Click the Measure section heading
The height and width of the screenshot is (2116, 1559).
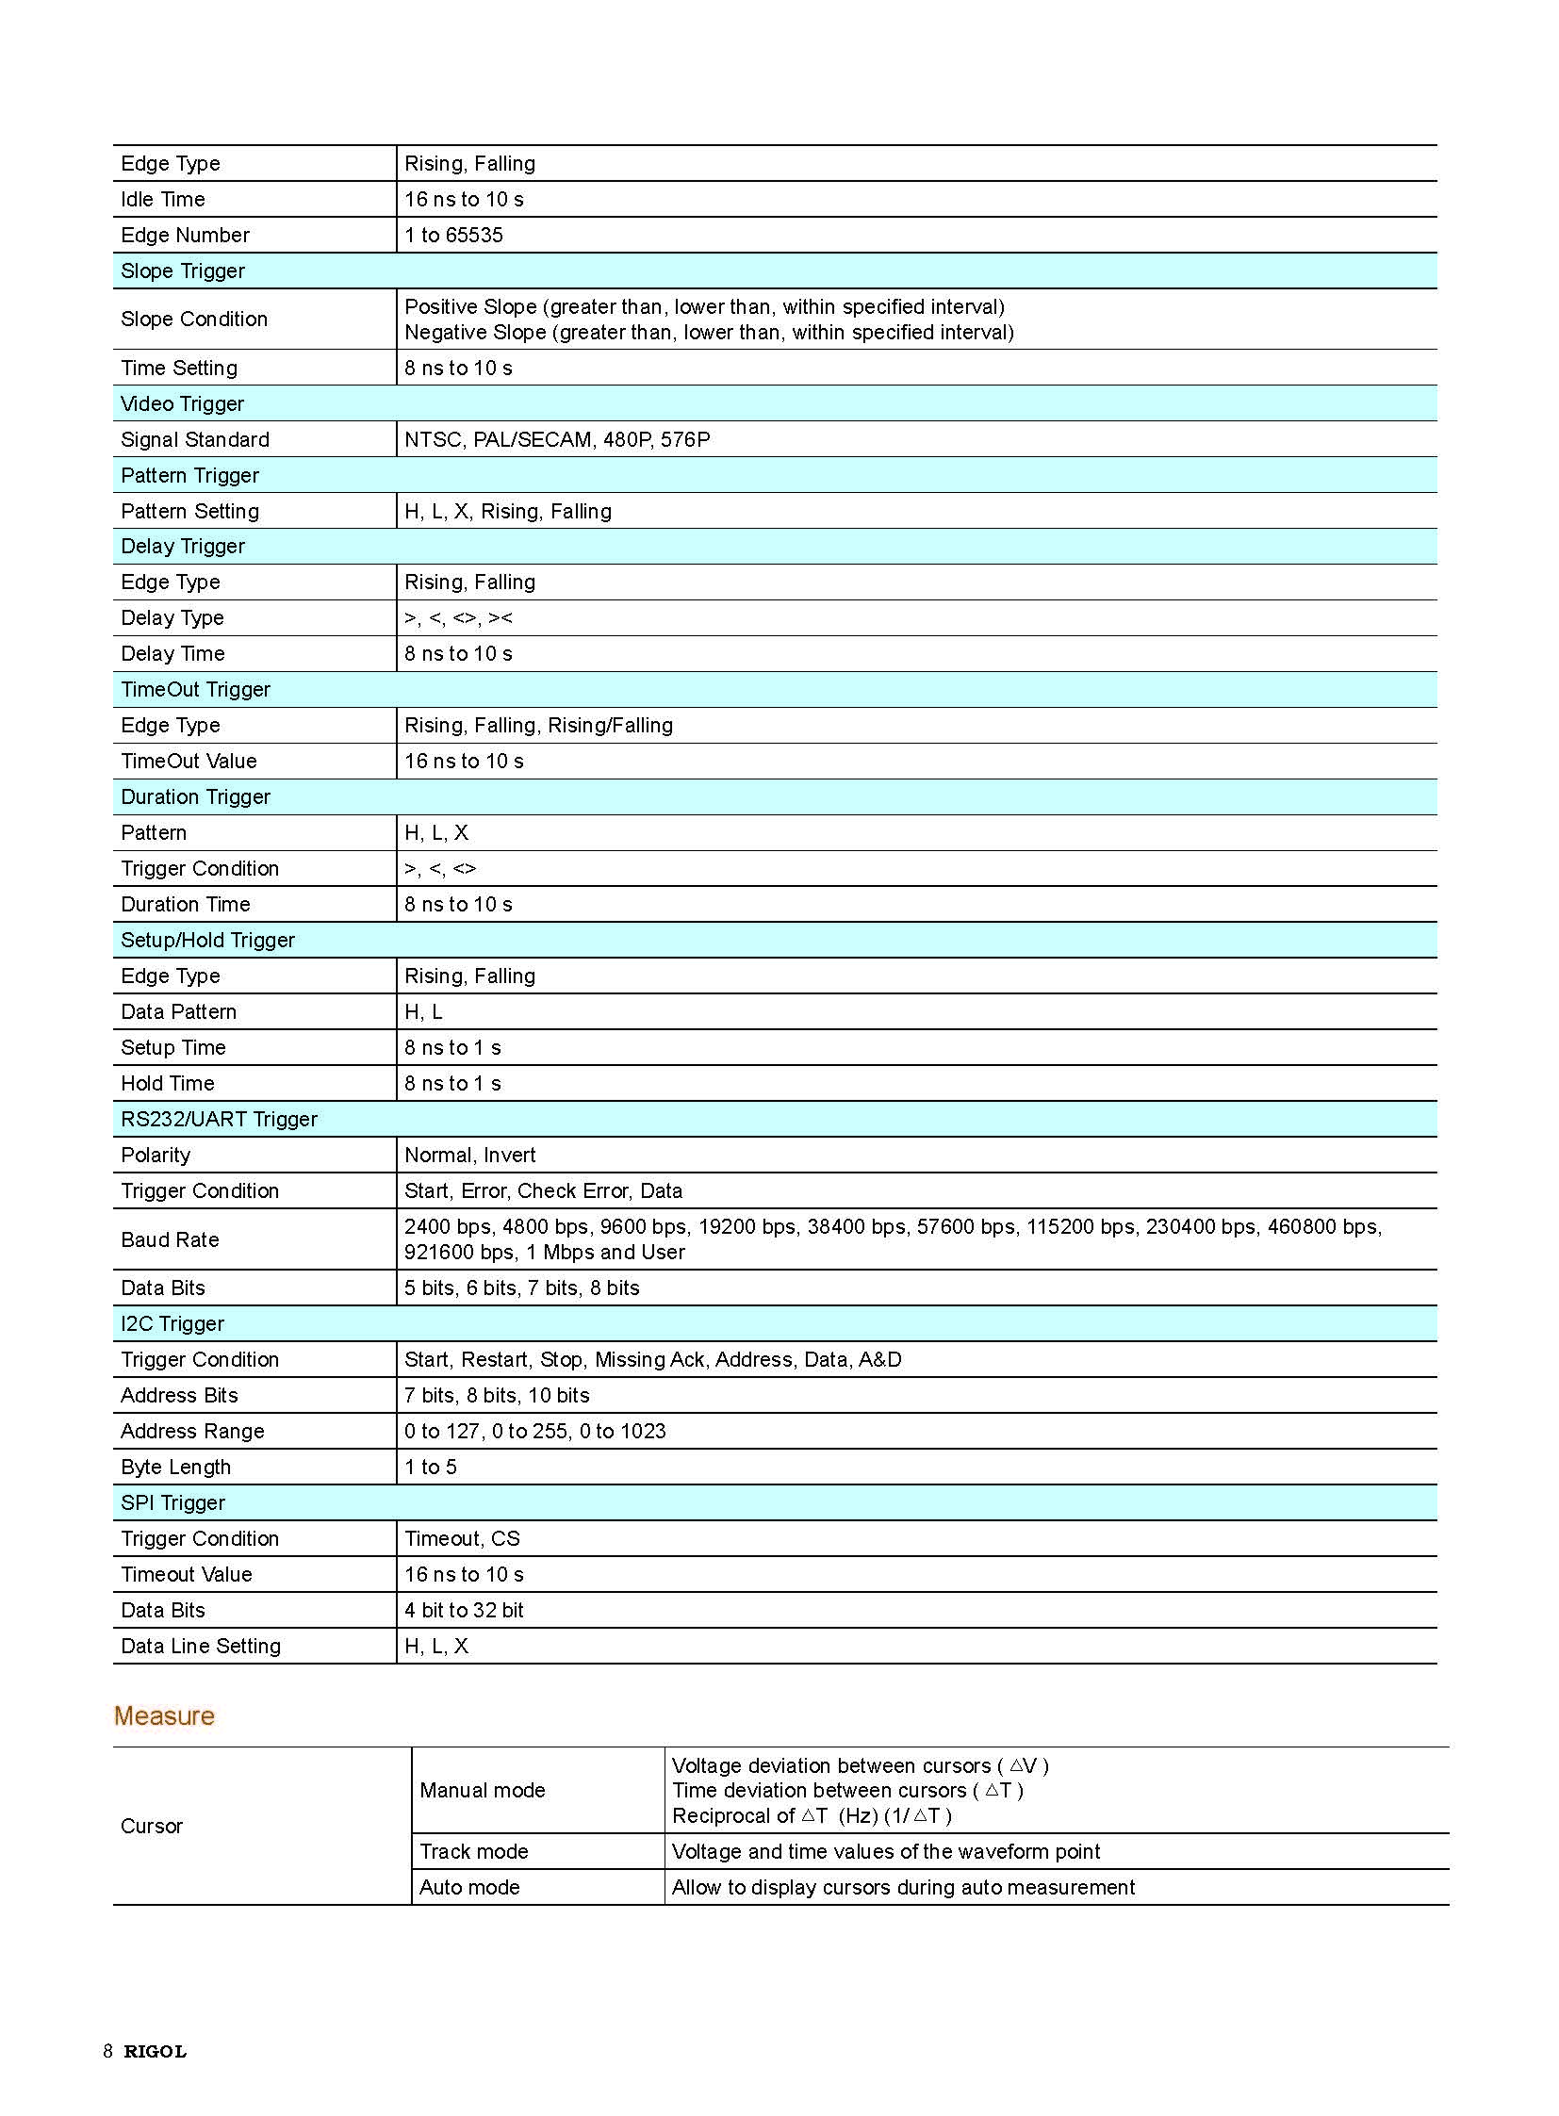164,1715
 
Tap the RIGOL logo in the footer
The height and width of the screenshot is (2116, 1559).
156,2051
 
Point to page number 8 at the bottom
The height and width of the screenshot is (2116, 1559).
108,2051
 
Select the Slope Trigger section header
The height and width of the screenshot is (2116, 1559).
183,271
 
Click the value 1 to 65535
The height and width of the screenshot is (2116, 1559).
454,235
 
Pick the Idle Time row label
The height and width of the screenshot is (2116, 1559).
163,199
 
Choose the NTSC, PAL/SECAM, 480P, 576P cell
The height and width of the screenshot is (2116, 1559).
557,440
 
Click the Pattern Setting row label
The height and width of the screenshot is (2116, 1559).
189,512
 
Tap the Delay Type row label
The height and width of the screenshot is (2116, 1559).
172,618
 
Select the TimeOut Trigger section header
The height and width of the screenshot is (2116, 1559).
195,690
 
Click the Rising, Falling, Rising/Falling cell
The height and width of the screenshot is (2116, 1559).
539,726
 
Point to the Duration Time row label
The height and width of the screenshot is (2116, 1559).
186,904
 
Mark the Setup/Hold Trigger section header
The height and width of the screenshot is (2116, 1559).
207,940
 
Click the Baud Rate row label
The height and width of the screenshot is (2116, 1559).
170,1239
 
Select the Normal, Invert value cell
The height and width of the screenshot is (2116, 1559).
470,1156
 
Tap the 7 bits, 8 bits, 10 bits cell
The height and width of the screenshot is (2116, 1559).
498,1396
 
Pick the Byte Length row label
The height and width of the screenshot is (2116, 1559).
175,1468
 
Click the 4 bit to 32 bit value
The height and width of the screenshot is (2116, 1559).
465,1610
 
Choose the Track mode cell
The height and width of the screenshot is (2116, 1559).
474,1852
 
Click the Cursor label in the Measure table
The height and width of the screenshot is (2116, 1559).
152,1827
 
